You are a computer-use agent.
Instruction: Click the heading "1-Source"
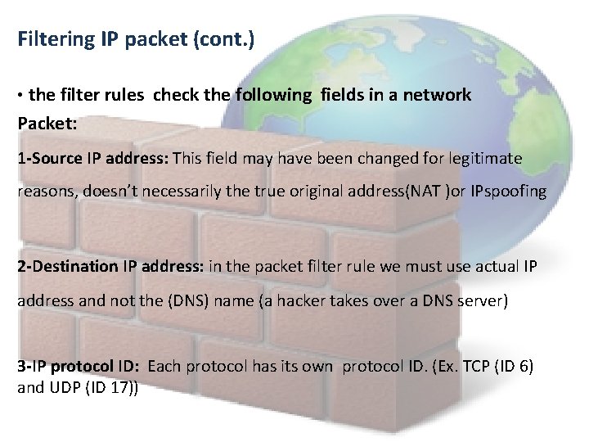49,159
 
